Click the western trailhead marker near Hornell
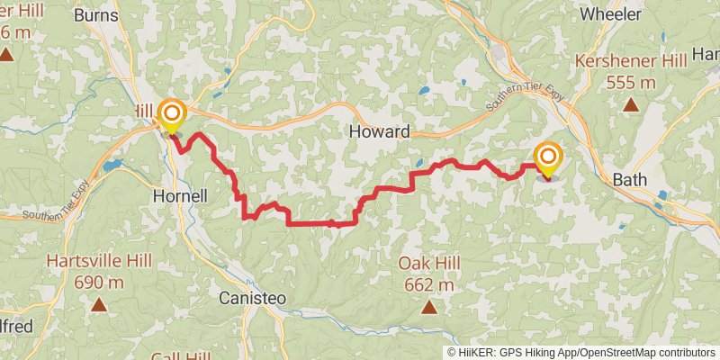coord(171,114)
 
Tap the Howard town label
coord(379,131)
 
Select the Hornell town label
coord(180,195)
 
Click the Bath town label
coord(630,179)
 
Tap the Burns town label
coord(96,14)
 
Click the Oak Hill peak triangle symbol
coord(429,308)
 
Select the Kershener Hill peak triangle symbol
coord(631,104)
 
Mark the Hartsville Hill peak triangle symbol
coord(98,305)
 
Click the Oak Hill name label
coord(429,263)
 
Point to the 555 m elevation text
coord(630,82)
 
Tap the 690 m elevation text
coord(99,283)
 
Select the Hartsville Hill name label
coord(99,261)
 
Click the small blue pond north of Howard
coord(421,90)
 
